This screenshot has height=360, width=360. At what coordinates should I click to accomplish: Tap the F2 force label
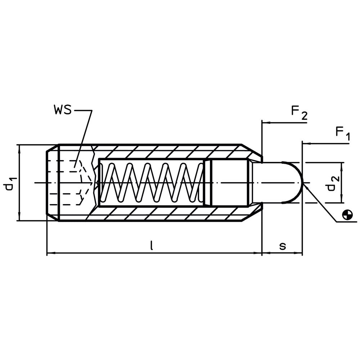299,113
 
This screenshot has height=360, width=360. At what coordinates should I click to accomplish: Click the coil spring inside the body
151,183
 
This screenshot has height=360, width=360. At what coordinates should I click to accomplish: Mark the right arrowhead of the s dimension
298,253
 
